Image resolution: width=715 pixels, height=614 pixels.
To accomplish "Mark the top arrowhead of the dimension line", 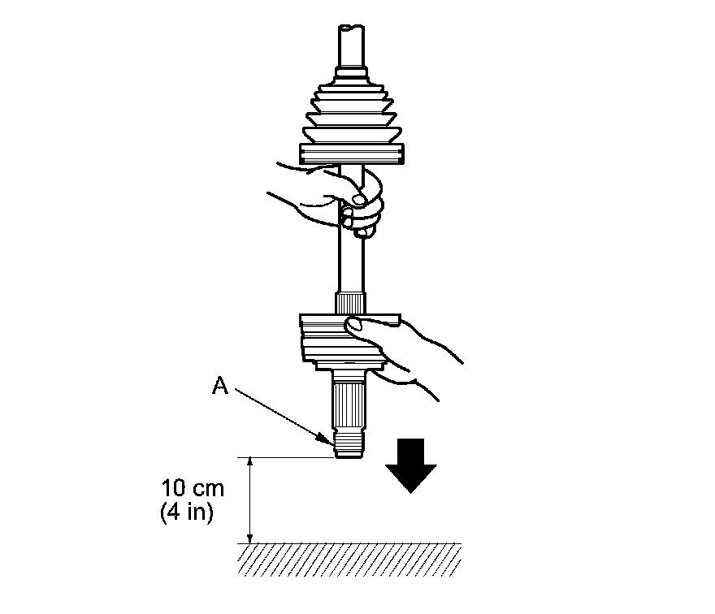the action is (x=250, y=461).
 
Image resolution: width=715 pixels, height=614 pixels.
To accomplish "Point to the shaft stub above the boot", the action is (x=351, y=49).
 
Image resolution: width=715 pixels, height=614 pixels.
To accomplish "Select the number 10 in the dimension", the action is (x=174, y=490).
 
